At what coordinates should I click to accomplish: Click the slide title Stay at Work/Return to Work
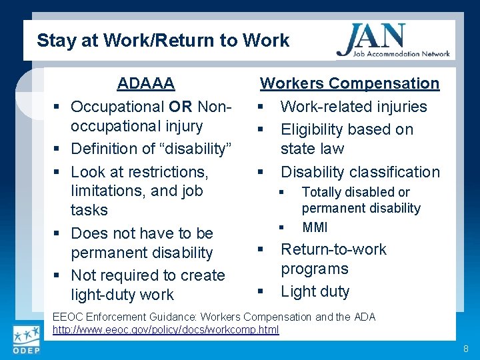163,41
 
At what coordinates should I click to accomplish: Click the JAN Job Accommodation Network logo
393,41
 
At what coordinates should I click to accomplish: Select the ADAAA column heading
145,83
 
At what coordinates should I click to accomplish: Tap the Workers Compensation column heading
349,83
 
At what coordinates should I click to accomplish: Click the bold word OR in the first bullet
180,107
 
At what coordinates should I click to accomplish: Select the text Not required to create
147,275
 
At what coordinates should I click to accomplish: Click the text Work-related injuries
353,107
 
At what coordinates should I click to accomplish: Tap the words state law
312,149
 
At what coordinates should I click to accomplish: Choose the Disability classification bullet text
360,172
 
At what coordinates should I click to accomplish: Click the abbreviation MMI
315,227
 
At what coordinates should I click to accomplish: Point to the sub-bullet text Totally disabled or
355,192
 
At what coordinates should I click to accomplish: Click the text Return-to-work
333,249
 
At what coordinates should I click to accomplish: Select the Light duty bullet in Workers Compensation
315,291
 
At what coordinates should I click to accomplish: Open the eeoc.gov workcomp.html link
165,330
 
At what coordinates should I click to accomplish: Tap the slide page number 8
465,349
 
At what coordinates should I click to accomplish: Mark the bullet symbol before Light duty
261,292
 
